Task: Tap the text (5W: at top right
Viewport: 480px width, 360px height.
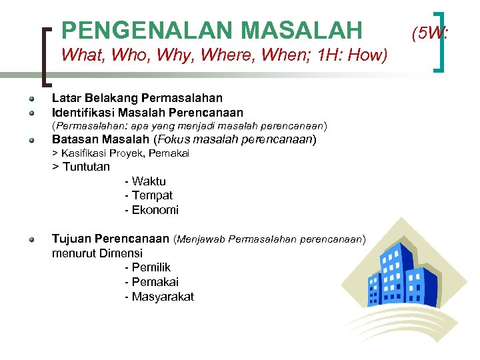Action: click(429, 31)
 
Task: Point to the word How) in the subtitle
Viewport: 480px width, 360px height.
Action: click(368, 55)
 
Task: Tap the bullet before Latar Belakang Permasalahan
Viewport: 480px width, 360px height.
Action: click(31, 99)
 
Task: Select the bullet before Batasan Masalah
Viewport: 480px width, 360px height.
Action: click(31, 141)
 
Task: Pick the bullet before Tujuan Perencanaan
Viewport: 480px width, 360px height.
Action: click(31, 239)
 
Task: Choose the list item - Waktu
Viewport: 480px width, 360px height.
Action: click(145, 181)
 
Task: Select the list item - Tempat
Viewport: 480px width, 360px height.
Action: click(148, 195)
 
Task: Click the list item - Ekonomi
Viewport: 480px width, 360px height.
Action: click(151, 210)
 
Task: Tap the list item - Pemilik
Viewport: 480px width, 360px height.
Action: click(147, 268)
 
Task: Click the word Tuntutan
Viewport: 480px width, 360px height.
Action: click(86, 167)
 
